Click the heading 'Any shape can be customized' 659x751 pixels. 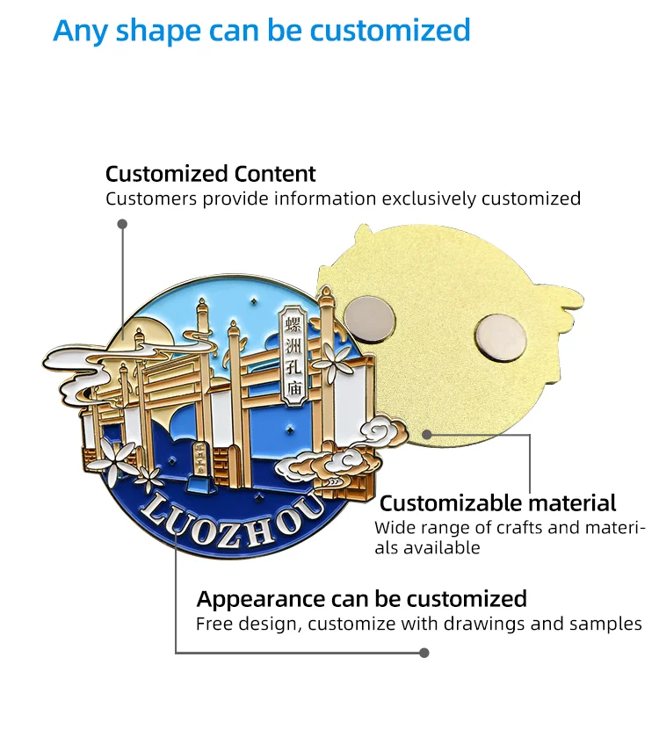pyautogui.click(x=262, y=30)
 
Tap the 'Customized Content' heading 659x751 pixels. pyautogui.click(x=210, y=173)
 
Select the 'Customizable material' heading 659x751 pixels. pyautogui.click(x=497, y=503)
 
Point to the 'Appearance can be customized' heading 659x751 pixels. pyautogui.click(x=361, y=599)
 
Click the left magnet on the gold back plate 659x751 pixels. pyautogui.click(x=370, y=318)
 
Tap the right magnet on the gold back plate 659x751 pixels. pyautogui.click(x=500, y=338)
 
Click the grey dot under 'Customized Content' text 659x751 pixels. pyautogui.click(x=122, y=224)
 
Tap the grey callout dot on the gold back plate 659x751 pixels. pyautogui.click(x=426, y=435)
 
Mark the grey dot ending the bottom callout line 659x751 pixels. pyautogui.click(x=424, y=653)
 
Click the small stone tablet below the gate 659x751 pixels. pyautogui.click(x=199, y=467)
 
